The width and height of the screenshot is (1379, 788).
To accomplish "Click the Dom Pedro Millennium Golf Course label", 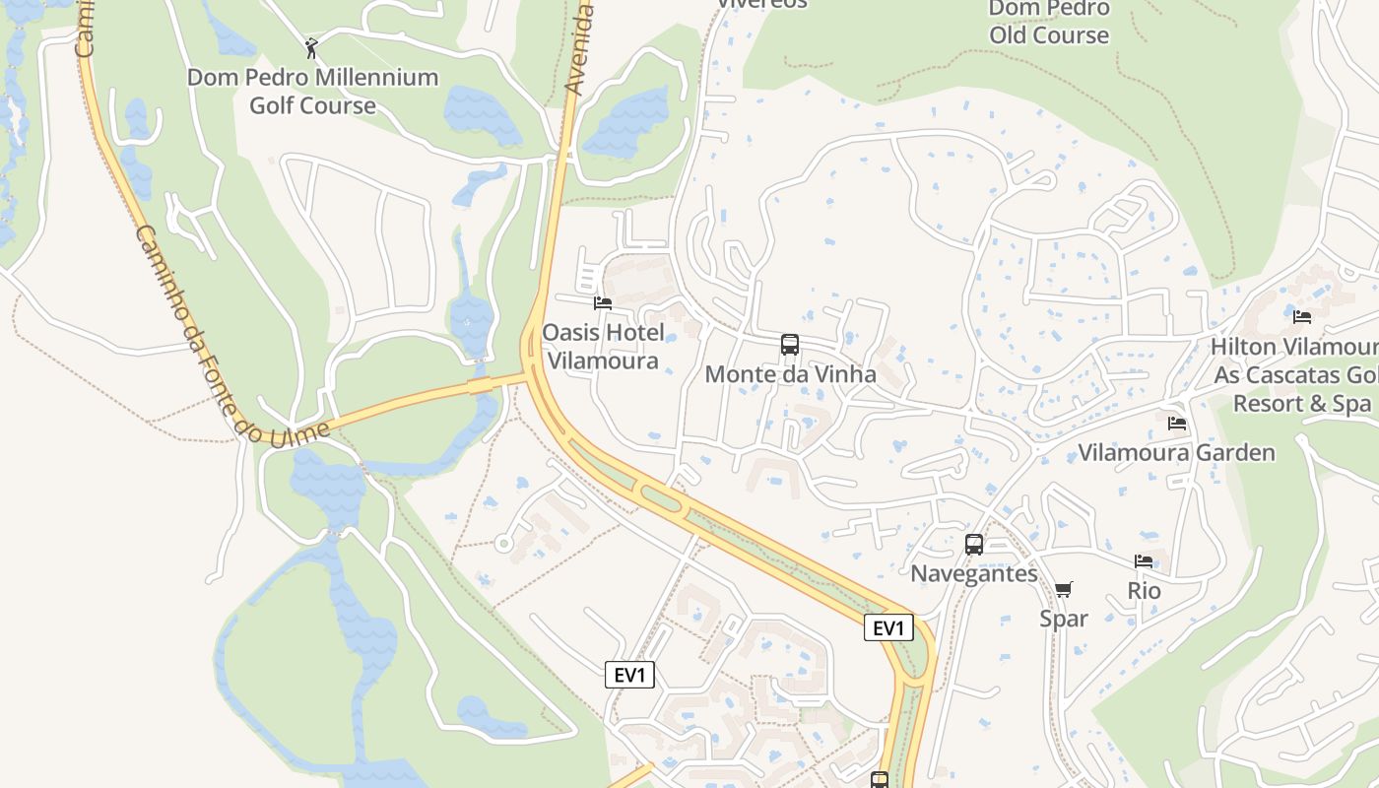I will click(312, 91).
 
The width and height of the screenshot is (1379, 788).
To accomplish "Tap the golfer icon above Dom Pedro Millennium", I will click(311, 47).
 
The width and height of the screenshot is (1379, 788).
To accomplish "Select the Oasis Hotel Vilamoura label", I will click(603, 346).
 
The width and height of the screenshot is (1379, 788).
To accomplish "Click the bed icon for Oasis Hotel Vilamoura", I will click(603, 303).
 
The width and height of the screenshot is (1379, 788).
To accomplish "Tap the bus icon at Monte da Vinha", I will click(789, 345).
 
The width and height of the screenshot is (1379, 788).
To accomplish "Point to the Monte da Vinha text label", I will click(790, 374).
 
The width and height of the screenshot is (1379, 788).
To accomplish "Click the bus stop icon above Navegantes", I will click(973, 544).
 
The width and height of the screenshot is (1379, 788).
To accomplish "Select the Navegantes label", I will click(973, 573).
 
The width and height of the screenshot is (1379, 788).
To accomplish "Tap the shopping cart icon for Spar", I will click(1063, 589).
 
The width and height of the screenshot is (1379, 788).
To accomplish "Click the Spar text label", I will click(1064, 619).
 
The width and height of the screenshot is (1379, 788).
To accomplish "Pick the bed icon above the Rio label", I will click(1144, 561).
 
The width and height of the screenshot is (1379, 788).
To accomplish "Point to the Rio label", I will click(1145, 591).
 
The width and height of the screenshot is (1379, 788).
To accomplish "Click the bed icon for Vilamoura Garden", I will click(1176, 424).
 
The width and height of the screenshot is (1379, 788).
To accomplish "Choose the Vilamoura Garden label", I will click(1176, 453).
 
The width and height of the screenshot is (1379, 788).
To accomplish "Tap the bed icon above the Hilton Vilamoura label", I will click(1302, 316).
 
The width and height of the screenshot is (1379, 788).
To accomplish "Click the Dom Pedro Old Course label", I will click(1049, 22).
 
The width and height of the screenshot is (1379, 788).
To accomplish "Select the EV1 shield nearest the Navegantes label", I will click(888, 627).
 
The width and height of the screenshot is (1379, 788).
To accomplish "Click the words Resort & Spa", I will click(1301, 404).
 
